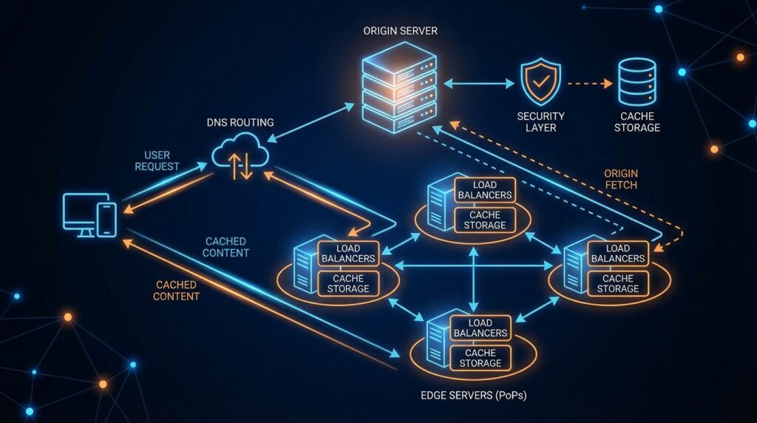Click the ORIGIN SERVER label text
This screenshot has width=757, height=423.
pyautogui.click(x=400, y=32)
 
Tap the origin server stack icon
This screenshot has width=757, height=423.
pyautogui.click(x=400, y=88)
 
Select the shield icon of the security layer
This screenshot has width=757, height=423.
pyautogui.click(x=541, y=84)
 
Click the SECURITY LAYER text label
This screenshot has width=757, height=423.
pyautogui.click(x=541, y=122)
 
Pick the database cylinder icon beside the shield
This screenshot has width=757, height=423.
pyautogui.click(x=637, y=84)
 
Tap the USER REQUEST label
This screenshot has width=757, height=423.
pyautogui.click(x=157, y=160)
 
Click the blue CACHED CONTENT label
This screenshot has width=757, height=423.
pyautogui.click(x=226, y=247)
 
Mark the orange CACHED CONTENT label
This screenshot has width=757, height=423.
pyautogui.click(x=177, y=291)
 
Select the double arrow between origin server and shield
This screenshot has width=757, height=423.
pyautogui.click(x=478, y=84)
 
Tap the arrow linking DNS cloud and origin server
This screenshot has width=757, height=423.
pyautogui.click(x=310, y=123)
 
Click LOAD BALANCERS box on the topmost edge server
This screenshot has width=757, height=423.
pyautogui.click(x=485, y=190)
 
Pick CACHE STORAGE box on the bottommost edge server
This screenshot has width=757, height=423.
pyautogui.click(x=480, y=358)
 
